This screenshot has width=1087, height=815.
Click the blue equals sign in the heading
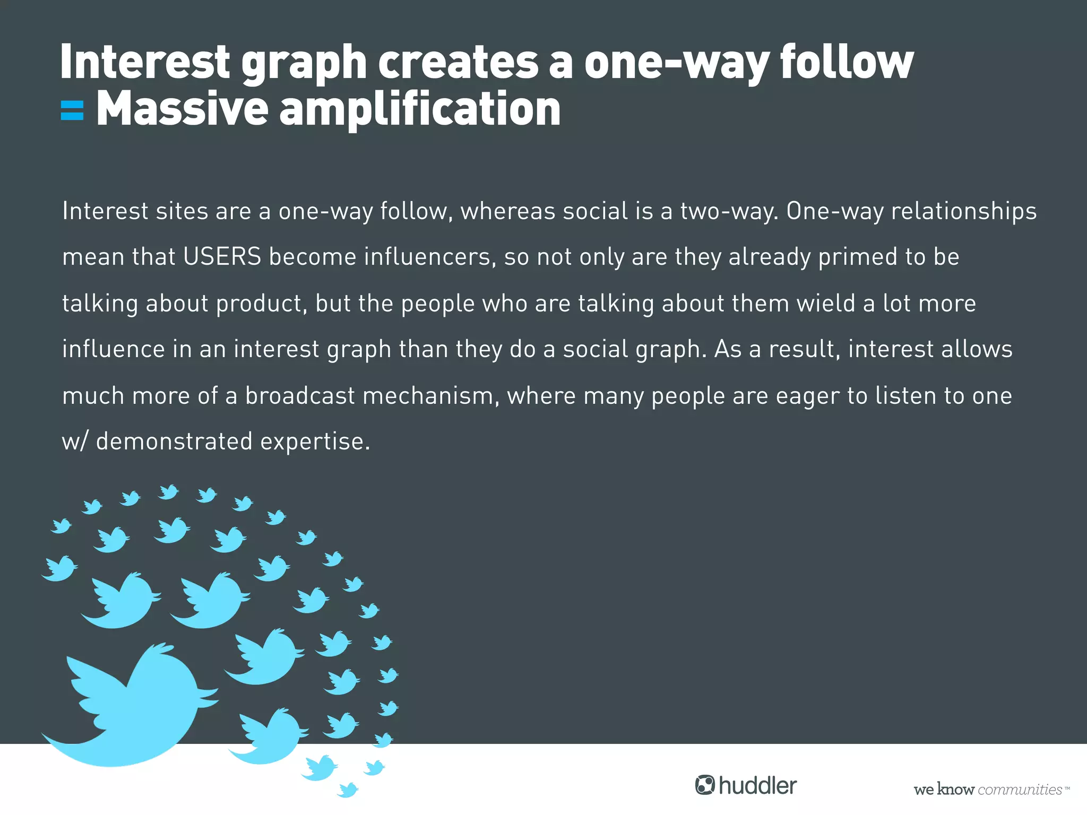coord(72,110)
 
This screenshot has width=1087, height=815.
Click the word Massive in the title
coord(182,109)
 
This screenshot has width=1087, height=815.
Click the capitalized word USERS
coord(222,257)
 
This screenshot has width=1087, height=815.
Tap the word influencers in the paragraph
coord(430,257)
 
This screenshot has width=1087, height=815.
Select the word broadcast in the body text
coord(300,396)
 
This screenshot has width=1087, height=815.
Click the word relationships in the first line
coord(963,211)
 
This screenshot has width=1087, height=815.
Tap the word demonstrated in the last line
coord(174,441)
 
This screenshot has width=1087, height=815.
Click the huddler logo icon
coord(705,785)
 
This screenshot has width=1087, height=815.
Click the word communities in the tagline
coord(1019,790)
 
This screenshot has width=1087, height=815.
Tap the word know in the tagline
coord(955,790)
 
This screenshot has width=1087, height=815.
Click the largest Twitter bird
coord(133,711)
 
